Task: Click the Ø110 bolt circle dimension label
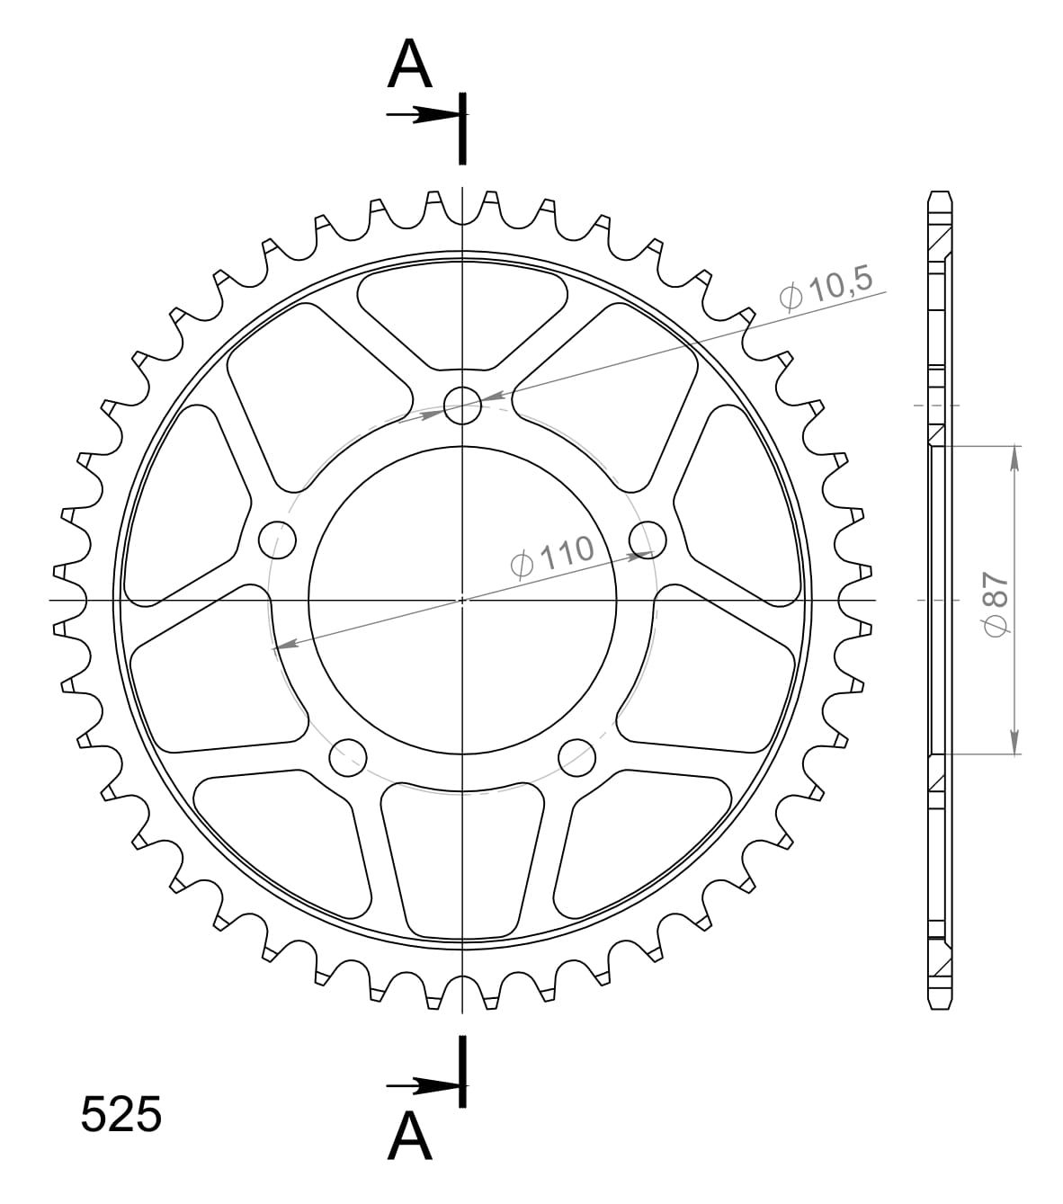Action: tap(551, 556)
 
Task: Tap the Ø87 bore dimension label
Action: tap(996, 604)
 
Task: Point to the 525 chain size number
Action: tap(121, 1114)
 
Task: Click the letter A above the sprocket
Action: tap(409, 64)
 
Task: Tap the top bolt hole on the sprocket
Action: tap(462, 406)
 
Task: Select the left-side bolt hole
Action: tap(278, 540)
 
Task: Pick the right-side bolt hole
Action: tap(648, 540)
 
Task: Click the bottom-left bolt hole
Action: tap(348, 757)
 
